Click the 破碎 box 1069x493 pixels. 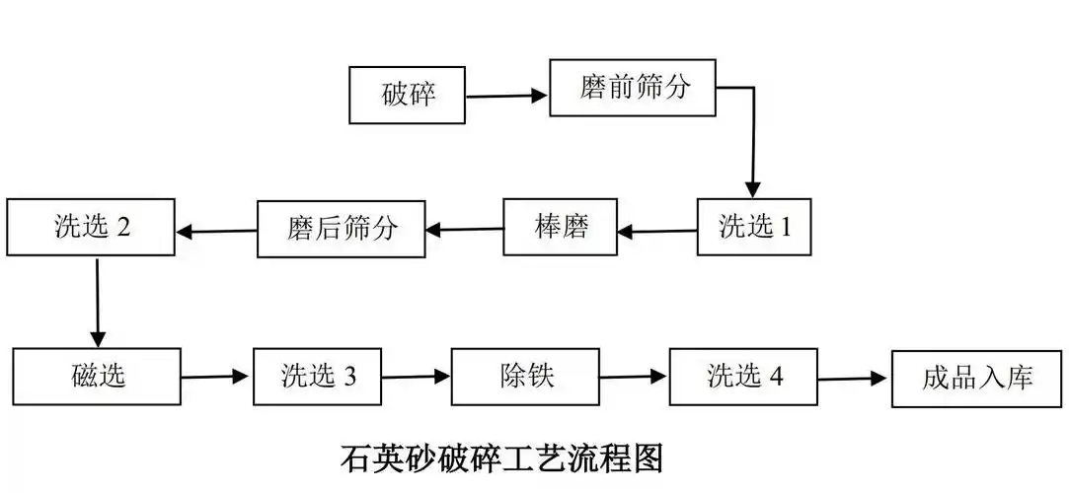[x=408, y=95]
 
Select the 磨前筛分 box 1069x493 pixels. [x=632, y=87]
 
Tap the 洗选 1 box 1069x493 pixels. [x=754, y=228]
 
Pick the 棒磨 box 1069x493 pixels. [x=560, y=228]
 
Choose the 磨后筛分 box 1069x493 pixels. [x=342, y=229]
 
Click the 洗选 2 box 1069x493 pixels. [x=91, y=228]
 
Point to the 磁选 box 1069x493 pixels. [x=97, y=376]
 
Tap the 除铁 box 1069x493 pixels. [x=525, y=377]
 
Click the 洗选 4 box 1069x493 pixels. [x=743, y=377]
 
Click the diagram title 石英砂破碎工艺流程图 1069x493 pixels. [x=501, y=458]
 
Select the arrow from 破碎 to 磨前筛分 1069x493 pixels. [x=506, y=97]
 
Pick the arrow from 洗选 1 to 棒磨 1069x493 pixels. [x=657, y=232]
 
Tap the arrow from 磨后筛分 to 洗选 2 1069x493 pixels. [x=217, y=233]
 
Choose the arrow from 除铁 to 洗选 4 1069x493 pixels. [x=634, y=377]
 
